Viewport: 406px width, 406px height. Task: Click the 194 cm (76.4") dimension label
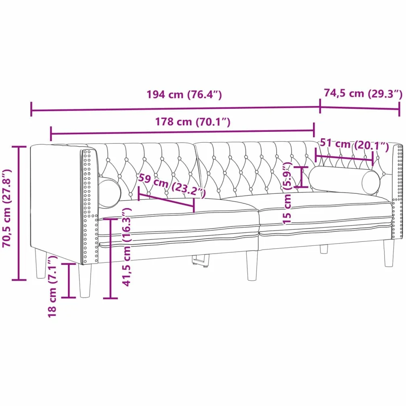[184, 95]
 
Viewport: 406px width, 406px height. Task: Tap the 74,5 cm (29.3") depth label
[363, 93]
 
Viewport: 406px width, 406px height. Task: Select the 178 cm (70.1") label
[192, 122]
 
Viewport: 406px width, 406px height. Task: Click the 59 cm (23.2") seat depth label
[172, 185]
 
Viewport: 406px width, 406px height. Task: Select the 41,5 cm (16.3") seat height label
[127, 247]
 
